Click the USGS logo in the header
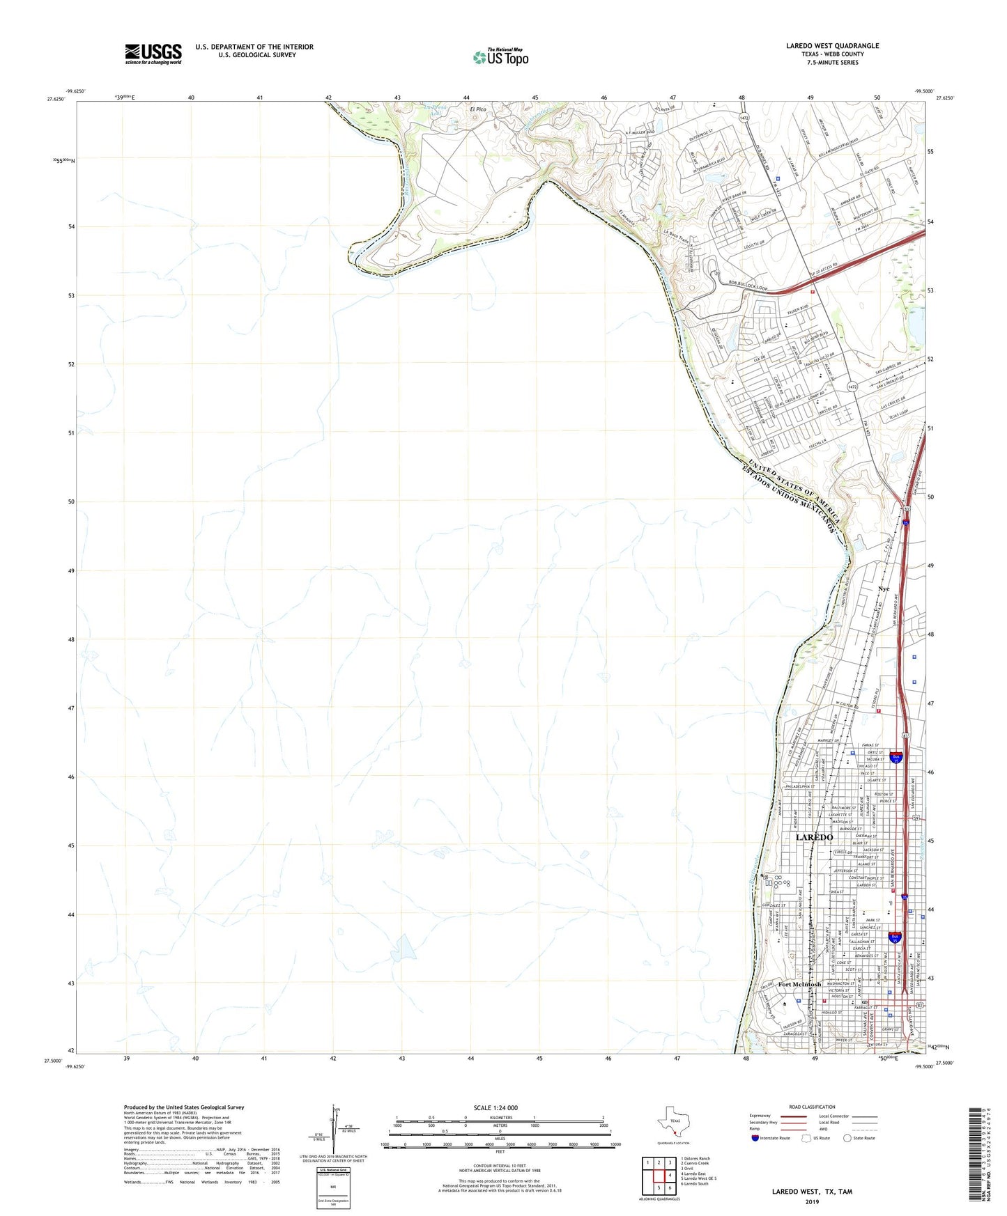click(153, 54)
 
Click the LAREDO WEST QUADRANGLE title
click(832, 46)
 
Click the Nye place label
click(884, 589)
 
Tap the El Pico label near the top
click(477, 109)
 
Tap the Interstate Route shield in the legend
click(755, 1138)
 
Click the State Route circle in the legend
click(847, 1138)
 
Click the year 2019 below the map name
click(812, 1201)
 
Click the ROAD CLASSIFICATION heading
click(813, 1107)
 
